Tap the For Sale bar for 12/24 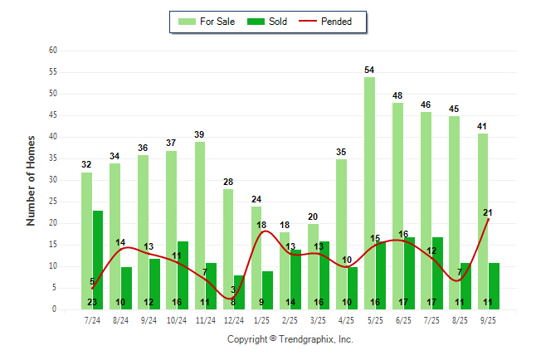227,249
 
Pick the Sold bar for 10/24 183,275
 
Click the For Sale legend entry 207,22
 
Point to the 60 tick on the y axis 53,51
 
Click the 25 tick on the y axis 53,202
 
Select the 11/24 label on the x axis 204,319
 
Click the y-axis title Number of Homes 31,180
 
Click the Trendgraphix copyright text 290,339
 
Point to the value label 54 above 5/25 369,70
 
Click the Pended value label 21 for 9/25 489,212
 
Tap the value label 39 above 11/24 199,134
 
